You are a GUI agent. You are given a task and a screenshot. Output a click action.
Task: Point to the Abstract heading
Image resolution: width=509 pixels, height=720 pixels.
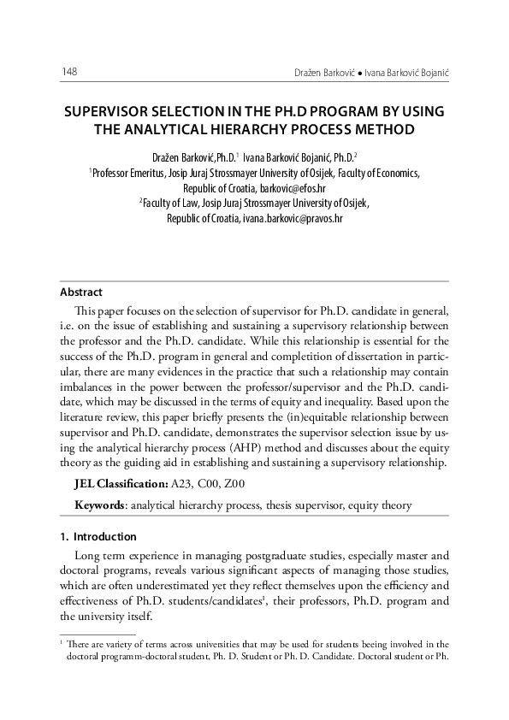pyautogui.click(x=80, y=292)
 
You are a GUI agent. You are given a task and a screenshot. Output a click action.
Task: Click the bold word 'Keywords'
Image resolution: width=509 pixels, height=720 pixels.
pyautogui.click(x=100, y=505)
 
